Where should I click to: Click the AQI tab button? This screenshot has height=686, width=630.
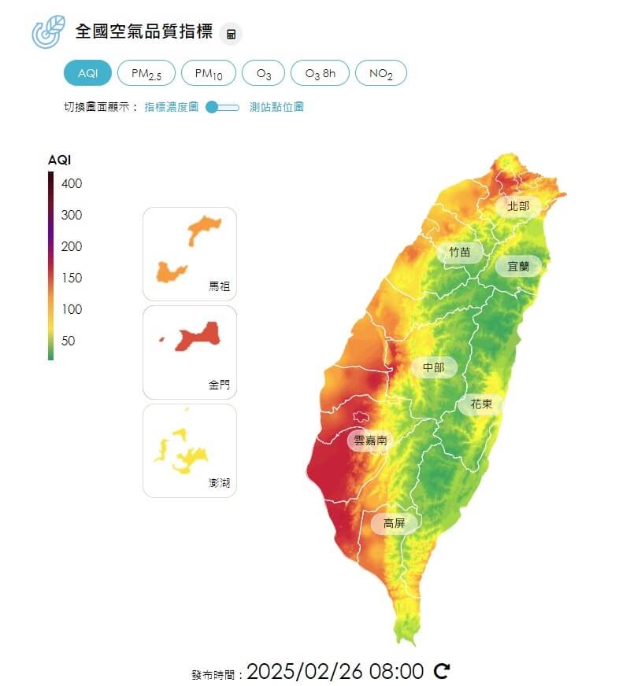[x=87, y=73]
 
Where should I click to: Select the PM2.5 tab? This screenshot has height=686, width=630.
[x=146, y=73]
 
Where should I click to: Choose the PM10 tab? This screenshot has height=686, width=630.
[x=209, y=73]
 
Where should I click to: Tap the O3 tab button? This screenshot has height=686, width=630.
[x=263, y=73]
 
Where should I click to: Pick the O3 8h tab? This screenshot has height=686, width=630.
[x=319, y=73]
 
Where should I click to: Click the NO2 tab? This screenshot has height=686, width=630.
[x=380, y=73]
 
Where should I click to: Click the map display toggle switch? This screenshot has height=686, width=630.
[x=222, y=107]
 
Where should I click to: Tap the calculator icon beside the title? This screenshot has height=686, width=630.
[x=231, y=34]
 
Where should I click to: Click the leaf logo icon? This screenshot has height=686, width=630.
[x=48, y=31]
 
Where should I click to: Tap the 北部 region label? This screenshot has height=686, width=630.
[x=518, y=206]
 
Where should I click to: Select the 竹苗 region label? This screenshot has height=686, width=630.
[x=459, y=253]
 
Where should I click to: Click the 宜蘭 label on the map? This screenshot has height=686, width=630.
[x=518, y=266]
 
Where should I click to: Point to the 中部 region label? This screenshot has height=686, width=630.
[x=434, y=367]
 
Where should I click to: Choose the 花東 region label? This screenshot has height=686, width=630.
[x=481, y=404]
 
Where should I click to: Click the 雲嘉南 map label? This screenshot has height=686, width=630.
[x=370, y=441]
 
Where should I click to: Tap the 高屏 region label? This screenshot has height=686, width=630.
[x=395, y=523]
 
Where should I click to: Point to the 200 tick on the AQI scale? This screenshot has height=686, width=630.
[x=72, y=246]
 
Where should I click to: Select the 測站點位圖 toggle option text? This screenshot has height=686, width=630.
[x=276, y=107]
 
